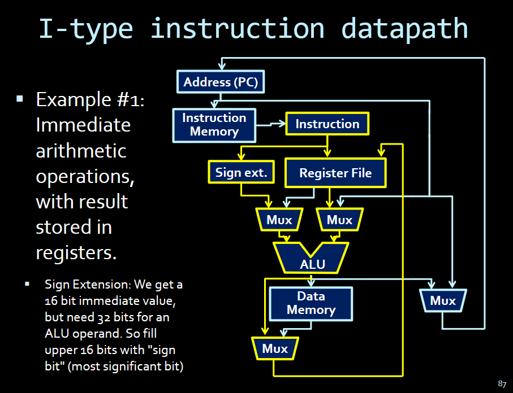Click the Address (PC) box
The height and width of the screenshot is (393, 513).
point(221,82)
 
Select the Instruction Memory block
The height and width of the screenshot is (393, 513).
point(214,125)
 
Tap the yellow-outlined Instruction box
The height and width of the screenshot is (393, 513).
point(327,124)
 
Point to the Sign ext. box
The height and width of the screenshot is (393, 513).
point(242,172)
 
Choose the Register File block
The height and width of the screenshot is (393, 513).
point(335,173)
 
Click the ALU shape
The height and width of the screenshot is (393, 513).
point(312,257)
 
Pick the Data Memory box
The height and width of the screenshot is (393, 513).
point(311,303)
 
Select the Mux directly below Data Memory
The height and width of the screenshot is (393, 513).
point(275,349)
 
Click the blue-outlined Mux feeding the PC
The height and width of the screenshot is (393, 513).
point(443,300)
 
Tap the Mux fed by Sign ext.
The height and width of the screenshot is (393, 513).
point(279,220)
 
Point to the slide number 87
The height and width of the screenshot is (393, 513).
point(502,384)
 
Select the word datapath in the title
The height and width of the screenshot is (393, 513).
point(405,28)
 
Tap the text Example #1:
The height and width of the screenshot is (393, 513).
point(90,100)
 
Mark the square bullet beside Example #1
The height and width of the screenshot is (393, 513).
point(20,99)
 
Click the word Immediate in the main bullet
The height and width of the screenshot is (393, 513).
point(83,125)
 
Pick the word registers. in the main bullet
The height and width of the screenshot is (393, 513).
point(76,252)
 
